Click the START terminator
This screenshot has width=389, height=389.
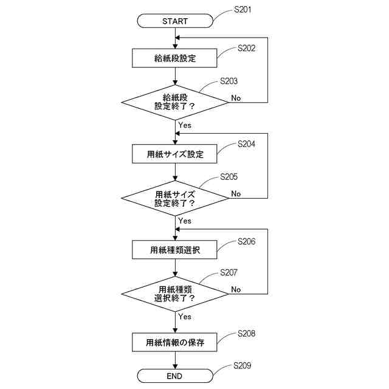click(x=175, y=21)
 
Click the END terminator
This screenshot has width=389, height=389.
click(x=175, y=376)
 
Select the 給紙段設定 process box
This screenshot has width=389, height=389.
click(x=175, y=58)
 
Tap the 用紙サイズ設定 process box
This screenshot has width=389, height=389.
click(x=175, y=154)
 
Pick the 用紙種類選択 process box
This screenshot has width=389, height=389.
click(x=175, y=249)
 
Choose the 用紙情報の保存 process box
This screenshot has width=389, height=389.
click(x=175, y=343)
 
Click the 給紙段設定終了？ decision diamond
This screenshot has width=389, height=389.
click(x=175, y=102)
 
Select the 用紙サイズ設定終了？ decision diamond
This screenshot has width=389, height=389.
click(x=175, y=198)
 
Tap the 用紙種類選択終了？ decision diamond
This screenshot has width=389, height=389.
click(x=175, y=293)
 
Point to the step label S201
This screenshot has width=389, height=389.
click(x=243, y=10)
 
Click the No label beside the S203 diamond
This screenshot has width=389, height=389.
click(x=236, y=98)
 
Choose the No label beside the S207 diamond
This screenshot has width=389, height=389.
click(x=236, y=289)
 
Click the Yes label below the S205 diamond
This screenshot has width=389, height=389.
click(x=185, y=221)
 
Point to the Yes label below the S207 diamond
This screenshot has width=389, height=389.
click(x=185, y=316)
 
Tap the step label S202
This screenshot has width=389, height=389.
click(x=246, y=47)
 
